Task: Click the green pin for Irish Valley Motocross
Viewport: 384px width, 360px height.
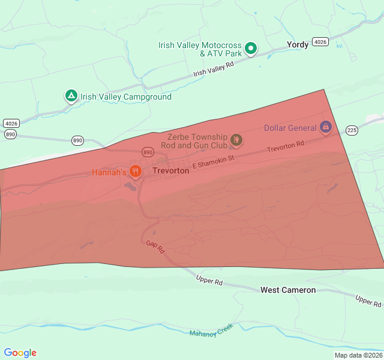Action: pos(251,49)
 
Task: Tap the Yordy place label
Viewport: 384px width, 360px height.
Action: pos(298,44)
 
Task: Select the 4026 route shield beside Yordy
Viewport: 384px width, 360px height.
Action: pos(320,42)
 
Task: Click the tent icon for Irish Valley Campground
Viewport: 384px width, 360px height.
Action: pos(71,96)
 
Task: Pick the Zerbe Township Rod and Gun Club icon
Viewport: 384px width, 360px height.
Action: pos(236,140)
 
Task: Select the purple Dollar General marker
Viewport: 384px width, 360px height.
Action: pos(325,127)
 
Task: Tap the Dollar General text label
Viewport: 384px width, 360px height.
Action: pos(290,128)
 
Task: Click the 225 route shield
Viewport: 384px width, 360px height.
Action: pos(352,130)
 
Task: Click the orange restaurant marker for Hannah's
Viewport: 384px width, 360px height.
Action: pos(136,172)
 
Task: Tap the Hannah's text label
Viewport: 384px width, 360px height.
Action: pos(109,172)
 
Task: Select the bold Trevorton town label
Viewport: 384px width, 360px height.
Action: pos(171,171)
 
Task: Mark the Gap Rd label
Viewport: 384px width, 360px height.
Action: pos(155,247)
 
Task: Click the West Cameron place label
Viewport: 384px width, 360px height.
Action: pos(288,290)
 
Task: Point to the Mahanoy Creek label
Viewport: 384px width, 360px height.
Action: pos(211,329)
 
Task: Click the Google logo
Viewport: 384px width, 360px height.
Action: pos(20,353)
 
